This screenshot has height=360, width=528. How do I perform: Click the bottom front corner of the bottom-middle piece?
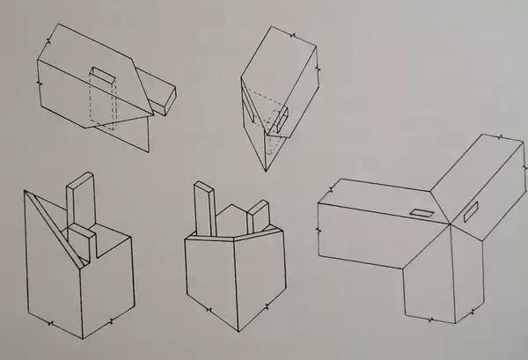pyautogui.click(x=240, y=331)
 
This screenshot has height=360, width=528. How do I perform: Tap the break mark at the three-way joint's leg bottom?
pyautogui.click(x=472, y=310)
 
